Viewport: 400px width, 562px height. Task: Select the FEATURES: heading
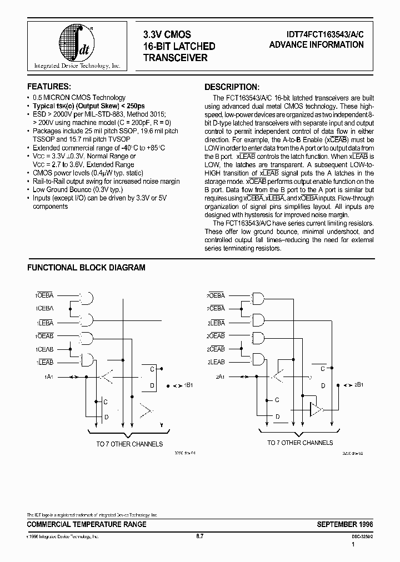[49, 87]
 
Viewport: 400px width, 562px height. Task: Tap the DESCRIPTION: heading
[232, 87]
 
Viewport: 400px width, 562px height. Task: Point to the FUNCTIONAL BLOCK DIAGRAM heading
[86, 268]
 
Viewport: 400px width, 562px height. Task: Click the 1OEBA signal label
[46, 297]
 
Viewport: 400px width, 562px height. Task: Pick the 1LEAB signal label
[46, 362]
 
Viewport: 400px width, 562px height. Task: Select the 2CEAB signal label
[216, 349]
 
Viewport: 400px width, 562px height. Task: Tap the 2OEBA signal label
[216, 296]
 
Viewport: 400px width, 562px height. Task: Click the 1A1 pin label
[49, 377]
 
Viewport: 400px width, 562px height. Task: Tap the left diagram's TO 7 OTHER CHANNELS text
[129, 444]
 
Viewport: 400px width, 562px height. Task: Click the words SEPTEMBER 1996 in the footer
[344, 524]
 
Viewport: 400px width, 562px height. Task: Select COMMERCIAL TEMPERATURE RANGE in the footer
[87, 524]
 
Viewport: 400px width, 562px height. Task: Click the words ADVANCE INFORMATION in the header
[316, 45]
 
